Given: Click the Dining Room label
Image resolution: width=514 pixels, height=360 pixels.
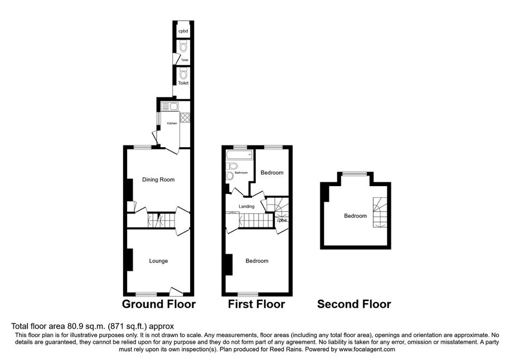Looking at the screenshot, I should click(158, 179).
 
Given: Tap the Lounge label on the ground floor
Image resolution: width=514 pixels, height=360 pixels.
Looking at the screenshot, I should click(158, 261).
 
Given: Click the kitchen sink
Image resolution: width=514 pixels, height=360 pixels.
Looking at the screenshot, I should click(169, 106).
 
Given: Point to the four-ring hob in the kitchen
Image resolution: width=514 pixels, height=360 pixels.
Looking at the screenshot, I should click(185, 118).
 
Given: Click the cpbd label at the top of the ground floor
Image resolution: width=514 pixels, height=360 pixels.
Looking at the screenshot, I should click(182, 31).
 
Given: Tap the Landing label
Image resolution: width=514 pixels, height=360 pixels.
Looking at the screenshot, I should click(246, 207).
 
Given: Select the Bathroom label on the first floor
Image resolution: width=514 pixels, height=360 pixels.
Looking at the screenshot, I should click(241, 173).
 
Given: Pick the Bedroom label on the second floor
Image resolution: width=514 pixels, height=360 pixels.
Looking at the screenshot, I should click(355, 216).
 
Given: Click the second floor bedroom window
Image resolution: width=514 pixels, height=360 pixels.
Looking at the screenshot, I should click(354, 174).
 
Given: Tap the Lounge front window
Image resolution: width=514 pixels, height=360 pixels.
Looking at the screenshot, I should click(146, 294).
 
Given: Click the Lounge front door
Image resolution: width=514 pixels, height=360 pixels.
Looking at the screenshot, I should click(176, 291).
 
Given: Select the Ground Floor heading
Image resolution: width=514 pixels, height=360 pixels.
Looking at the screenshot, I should click(159, 304).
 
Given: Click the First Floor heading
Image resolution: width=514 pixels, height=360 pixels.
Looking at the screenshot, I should click(256, 304).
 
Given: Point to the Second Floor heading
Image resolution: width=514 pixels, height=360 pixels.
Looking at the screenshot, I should click(354, 304).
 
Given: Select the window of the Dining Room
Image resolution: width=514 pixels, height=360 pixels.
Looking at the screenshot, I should click(142, 147).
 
